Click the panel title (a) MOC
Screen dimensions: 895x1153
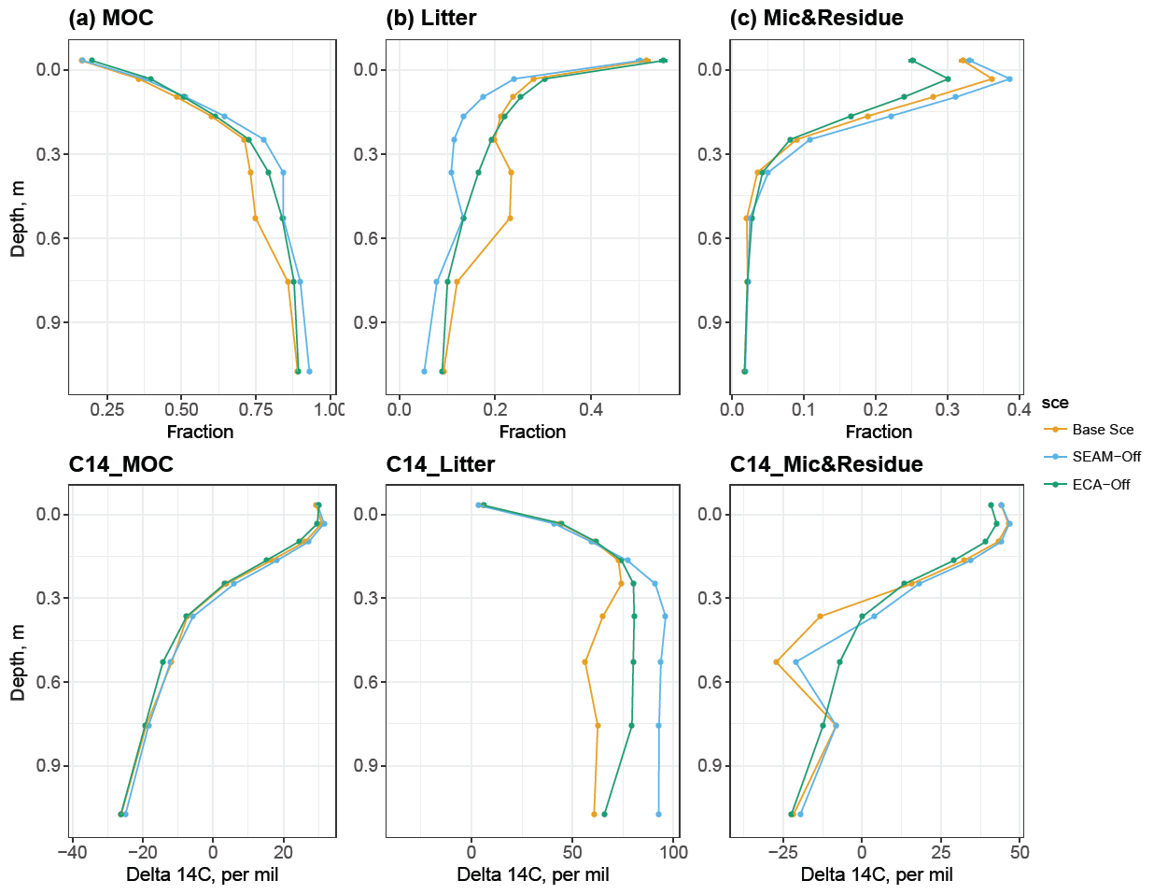point(111,18)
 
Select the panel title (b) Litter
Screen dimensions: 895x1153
point(430,18)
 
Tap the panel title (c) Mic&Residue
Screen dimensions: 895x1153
point(816,18)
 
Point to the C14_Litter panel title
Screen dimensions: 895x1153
point(440,464)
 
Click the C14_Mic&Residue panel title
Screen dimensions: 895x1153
point(826,464)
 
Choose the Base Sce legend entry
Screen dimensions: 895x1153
point(1103,430)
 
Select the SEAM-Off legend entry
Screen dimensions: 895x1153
point(1106,457)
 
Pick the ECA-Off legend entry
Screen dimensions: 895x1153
point(1101,485)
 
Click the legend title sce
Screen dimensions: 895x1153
point(1055,403)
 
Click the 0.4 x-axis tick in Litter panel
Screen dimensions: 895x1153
point(591,409)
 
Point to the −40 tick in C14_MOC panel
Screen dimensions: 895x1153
point(71,852)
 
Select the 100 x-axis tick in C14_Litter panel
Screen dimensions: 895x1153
point(673,852)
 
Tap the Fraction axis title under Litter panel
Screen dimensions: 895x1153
point(532,432)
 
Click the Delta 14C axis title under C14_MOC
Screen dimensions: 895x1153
point(202,874)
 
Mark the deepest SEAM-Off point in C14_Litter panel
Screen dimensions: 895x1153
point(658,814)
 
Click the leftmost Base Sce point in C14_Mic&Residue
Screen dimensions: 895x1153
point(776,661)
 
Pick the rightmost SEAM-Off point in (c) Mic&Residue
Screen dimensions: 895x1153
point(1009,78)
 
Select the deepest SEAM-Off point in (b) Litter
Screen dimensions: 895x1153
point(424,371)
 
